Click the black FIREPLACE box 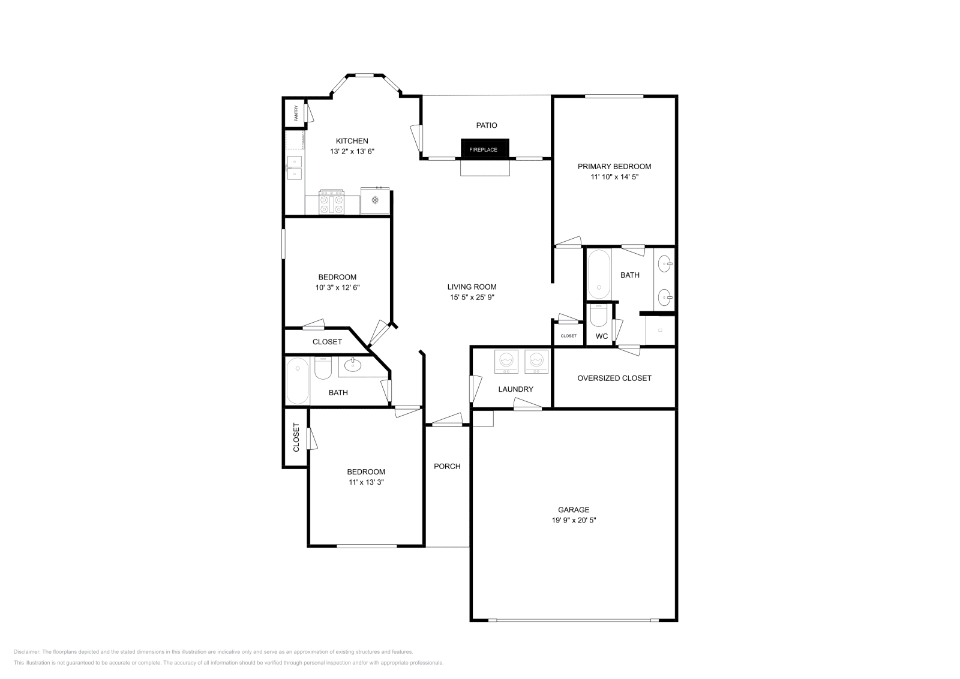point(484,149)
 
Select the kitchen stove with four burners point(332,202)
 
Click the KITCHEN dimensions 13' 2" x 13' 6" point(352,152)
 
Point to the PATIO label point(487,125)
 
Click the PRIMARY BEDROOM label point(614,166)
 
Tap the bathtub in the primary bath point(598,274)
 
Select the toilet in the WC point(599,316)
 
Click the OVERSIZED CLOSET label point(614,378)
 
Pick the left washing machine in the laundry point(506,362)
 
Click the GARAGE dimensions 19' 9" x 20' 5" point(574,521)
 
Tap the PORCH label point(447,466)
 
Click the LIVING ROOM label point(472,287)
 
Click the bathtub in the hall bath point(298,381)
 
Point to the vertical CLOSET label point(296,437)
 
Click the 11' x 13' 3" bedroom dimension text point(366,482)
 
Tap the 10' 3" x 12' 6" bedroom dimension point(337,287)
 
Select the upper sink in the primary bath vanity point(665,263)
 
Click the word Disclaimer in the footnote point(26,651)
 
